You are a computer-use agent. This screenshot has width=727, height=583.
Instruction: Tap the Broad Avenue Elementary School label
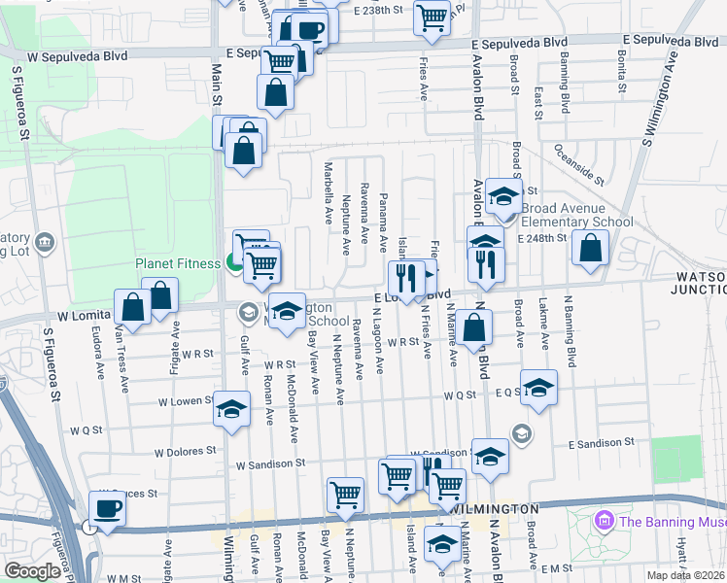click(x=576, y=215)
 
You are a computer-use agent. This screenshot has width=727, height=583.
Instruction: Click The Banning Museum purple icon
click(x=604, y=522)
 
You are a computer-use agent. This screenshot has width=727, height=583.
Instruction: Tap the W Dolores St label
click(x=184, y=451)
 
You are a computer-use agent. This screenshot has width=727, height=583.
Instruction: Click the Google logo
click(x=32, y=571)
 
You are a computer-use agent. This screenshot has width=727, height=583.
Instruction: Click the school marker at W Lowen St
click(x=231, y=409)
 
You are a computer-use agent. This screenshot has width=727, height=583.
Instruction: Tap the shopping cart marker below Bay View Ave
click(x=345, y=495)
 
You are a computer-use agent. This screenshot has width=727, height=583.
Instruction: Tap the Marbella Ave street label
click(x=329, y=190)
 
